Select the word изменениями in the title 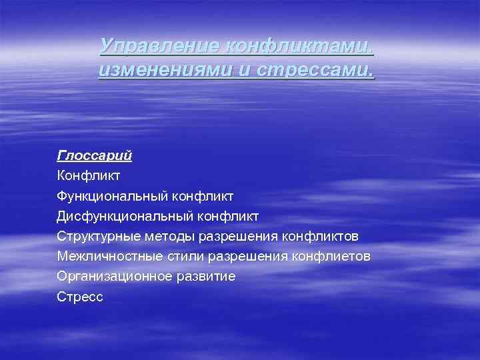(161, 69)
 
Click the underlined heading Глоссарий (95, 155)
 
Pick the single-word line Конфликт (89, 176)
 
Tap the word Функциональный (113, 196)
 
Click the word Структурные (97, 236)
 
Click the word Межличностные (106, 256)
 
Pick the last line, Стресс (81, 297)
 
